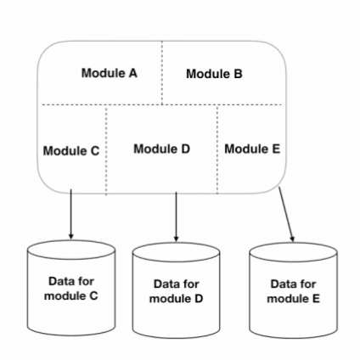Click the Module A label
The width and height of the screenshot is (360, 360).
pyautogui.click(x=110, y=73)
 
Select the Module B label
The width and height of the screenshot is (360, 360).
pyautogui.click(x=214, y=74)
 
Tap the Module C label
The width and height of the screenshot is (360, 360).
pyautogui.click(x=71, y=151)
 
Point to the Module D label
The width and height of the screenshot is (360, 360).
pyautogui.click(x=161, y=149)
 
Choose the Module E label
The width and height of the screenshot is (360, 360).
pyautogui.click(x=252, y=149)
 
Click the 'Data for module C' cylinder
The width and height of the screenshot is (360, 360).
pyautogui.click(x=70, y=289)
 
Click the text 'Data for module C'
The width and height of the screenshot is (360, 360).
pyautogui.click(x=70, y=289)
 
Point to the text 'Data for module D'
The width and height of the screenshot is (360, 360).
pyautogui.click(x=176, y=291)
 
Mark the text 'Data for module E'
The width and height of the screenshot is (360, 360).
pyautogui.click(x=293, y=291)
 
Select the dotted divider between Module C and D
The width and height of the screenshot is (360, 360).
pyautogui.click(x=106, y=149)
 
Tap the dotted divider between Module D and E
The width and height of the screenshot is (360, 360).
pyautogui.click(x=217, y=149)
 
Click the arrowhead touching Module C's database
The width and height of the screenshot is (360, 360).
pyautogui.click(x=70, y=234)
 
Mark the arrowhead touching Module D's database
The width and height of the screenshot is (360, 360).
pyautogui.click(x=176, y=238)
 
